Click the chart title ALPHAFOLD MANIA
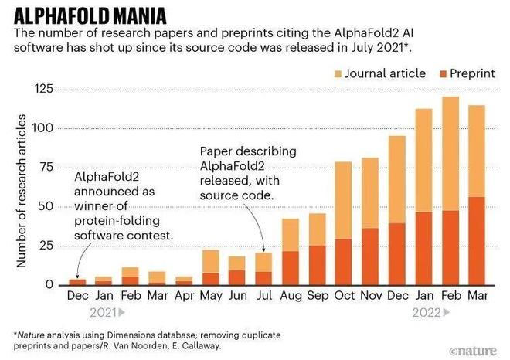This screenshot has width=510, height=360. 90,16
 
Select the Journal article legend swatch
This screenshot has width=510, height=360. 338,74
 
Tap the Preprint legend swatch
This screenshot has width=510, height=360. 443,74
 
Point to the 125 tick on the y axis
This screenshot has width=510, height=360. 43,89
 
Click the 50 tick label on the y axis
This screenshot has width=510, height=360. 46,206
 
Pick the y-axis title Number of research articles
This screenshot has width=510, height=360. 21,191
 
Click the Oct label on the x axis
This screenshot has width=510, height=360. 345,296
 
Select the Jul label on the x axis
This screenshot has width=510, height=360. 264,296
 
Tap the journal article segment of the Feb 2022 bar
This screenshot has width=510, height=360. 450,154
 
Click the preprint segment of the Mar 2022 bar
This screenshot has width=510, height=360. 477,241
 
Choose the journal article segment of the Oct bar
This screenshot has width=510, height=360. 343,201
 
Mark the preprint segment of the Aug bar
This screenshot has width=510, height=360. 291,268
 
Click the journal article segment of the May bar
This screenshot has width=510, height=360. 211,262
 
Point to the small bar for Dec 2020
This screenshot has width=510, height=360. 77,282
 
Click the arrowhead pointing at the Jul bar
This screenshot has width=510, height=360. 263,250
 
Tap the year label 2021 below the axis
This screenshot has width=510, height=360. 103,313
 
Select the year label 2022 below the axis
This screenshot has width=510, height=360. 427,313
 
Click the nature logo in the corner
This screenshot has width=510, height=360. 473,351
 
